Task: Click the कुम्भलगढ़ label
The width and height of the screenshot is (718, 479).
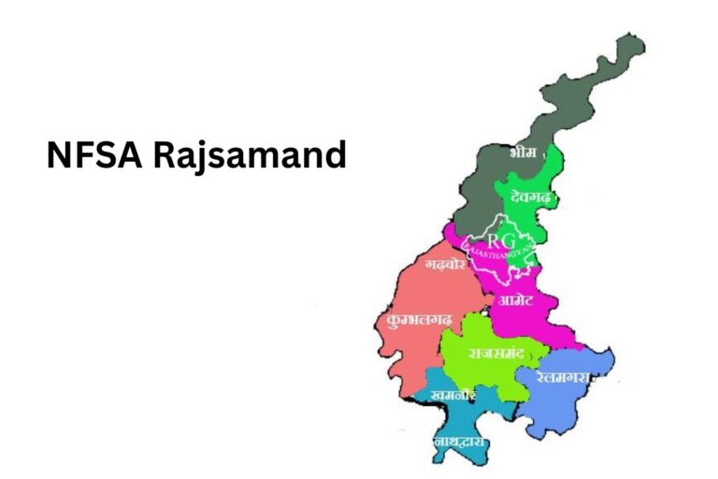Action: point(418,319)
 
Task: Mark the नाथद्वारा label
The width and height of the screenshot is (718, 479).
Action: point(459,440)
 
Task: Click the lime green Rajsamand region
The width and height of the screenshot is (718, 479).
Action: point(477,370)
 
